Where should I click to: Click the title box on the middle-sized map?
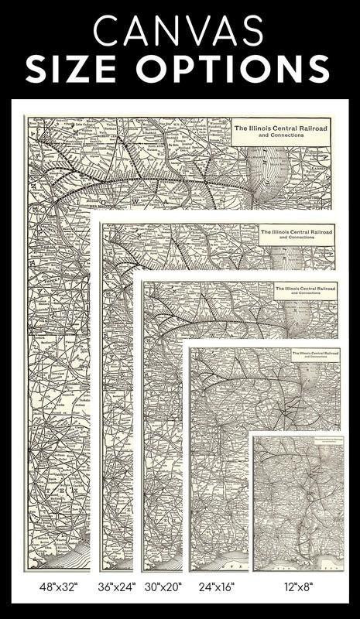pyautogui.click(x=307, y=291)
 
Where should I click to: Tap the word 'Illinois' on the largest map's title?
pyautogui.click(x=265, y=126)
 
